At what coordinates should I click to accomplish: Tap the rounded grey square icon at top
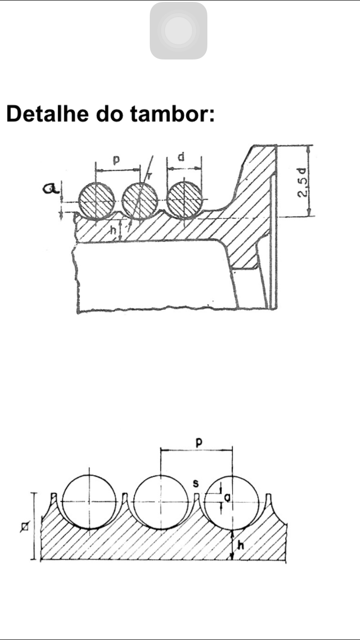[x=179, y=31]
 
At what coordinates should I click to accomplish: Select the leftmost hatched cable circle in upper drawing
[x=96, y=201]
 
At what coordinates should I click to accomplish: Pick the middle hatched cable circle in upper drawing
[x=140, y=201]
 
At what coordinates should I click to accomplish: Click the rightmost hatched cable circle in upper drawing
[x=185, y=201]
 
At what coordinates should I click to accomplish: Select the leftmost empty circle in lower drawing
[x=89, y=502]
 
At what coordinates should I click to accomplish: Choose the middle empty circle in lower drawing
[x=160, y=502]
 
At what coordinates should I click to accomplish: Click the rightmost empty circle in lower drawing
[x=232, y=502]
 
